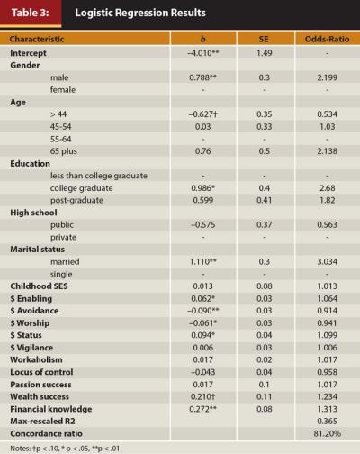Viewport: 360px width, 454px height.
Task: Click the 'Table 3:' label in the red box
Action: (30, 13)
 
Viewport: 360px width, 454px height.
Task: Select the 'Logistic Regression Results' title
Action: (140, 13)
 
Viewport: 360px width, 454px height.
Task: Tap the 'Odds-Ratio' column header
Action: (327, 39)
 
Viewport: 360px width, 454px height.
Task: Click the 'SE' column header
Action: (264, 39)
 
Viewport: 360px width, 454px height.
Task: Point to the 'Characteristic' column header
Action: (37, 39)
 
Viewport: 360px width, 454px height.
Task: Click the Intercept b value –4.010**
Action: (203, 53)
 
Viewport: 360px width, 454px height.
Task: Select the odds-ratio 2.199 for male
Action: (328, 77)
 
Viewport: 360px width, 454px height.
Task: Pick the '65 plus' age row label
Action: (64, 151)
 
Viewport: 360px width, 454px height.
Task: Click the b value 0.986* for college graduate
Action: (203, 188)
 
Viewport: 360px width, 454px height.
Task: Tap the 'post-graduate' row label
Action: (76, 200)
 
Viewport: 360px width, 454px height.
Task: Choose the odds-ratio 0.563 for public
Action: (328, 224)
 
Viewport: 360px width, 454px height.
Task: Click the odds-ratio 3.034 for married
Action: (328, 261)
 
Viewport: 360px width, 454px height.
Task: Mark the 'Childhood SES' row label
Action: (39, 286)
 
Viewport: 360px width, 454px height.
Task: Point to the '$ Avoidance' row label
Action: (34, 311)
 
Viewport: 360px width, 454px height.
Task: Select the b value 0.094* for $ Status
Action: (203, 335)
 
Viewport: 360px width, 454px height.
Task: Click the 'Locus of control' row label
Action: (41, 372)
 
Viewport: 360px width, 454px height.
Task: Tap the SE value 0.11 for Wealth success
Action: (265, 396)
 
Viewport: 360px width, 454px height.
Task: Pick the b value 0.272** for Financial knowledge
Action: (203, 409)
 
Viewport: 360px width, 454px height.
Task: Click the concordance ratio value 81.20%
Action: (328, 433)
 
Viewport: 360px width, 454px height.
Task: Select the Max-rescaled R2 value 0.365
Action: (328, 422)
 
